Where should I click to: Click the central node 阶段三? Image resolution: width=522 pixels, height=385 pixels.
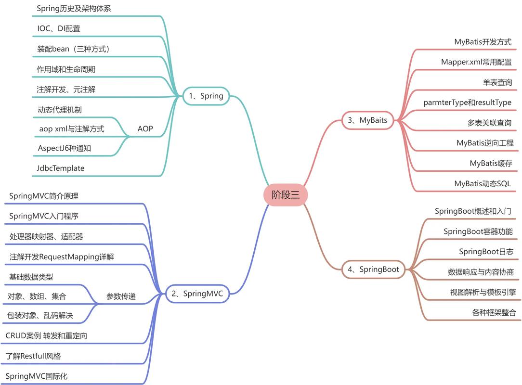tap(286, 195)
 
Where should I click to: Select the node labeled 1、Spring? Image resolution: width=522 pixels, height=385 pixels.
tap(206, 96)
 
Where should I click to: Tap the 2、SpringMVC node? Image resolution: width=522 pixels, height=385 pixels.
tap(198, 293)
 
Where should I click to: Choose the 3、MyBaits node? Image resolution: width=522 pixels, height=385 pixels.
tap(367, 120)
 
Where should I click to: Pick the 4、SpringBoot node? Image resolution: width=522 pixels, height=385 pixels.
tap(373, 269)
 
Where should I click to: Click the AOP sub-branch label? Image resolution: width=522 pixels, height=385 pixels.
tap(145, 128)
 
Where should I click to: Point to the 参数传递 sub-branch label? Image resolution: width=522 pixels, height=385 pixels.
tap(121, 296)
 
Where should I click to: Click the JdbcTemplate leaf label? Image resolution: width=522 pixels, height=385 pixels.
tap(61, 168)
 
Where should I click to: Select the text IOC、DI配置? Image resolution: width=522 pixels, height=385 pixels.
tap(59, 28)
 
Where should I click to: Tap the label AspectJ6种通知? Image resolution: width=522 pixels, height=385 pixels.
tap(64, 148)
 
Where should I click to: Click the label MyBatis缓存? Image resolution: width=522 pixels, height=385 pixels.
tap(491, 163)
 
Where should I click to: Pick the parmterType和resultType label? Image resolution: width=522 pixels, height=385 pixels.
tap(467, 102)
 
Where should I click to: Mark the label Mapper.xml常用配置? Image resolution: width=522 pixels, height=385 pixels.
tap(476, 62)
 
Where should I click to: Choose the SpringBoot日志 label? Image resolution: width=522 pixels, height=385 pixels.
tap(486, 251)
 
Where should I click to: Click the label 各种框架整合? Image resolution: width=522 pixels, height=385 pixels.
tap(494, 312)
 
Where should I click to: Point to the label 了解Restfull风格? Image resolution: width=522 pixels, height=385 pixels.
tap(33, 356)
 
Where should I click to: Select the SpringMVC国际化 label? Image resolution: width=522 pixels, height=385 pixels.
tap(37, 376)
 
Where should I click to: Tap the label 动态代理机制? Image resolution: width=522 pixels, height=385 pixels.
tap(59, 110)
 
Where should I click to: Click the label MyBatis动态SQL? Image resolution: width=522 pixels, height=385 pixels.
tap(483, 183)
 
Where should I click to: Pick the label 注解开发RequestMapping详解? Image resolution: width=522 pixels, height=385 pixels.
tap(62, 257)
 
